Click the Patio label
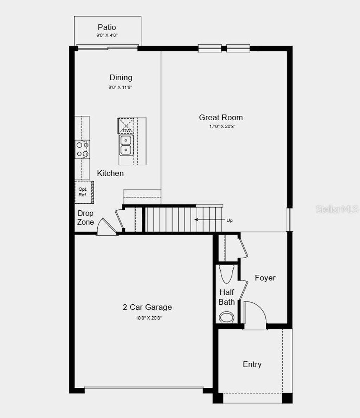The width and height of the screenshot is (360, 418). pos(107,27)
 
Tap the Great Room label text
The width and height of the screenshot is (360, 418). pos(221,118)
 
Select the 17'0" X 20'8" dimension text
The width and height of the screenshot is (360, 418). pos(222,126)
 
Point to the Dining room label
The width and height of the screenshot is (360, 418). pos(121,77)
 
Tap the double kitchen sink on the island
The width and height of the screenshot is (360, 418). pos(126,145)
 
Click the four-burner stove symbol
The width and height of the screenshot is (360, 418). pos(82,149)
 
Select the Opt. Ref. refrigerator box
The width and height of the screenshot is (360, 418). pos(84,192)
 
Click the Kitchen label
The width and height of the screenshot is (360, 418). pos(110,173)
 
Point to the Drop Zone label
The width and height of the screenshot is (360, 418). pos(85,217)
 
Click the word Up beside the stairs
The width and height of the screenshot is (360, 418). pos(230,220)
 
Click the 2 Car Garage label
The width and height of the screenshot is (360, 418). pos(147,307)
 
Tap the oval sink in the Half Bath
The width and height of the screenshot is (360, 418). pos(227,317)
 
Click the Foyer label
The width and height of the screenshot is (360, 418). pos(265,278)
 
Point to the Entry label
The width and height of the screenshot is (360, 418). pos(252,365)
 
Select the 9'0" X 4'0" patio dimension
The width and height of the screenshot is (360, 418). pos(107,36)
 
